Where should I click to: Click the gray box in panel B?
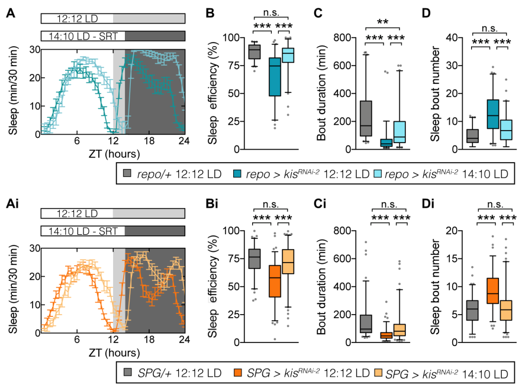(254, 52)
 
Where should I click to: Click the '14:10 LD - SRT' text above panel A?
(82, 36)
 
